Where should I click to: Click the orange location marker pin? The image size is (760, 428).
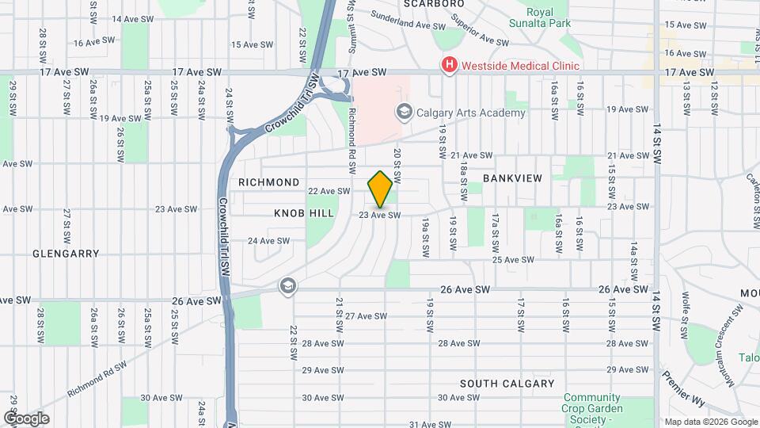(380, 189)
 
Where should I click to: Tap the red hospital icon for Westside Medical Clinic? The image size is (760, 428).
(450, 65)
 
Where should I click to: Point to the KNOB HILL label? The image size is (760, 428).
(304, 213)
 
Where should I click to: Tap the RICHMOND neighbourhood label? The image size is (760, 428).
(269, 182)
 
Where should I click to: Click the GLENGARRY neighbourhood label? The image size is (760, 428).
(66, 254)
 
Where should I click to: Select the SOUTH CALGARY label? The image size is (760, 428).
(507, 384)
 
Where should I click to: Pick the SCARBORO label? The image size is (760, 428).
(433, 4)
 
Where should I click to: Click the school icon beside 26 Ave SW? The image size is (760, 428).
(287, 285)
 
